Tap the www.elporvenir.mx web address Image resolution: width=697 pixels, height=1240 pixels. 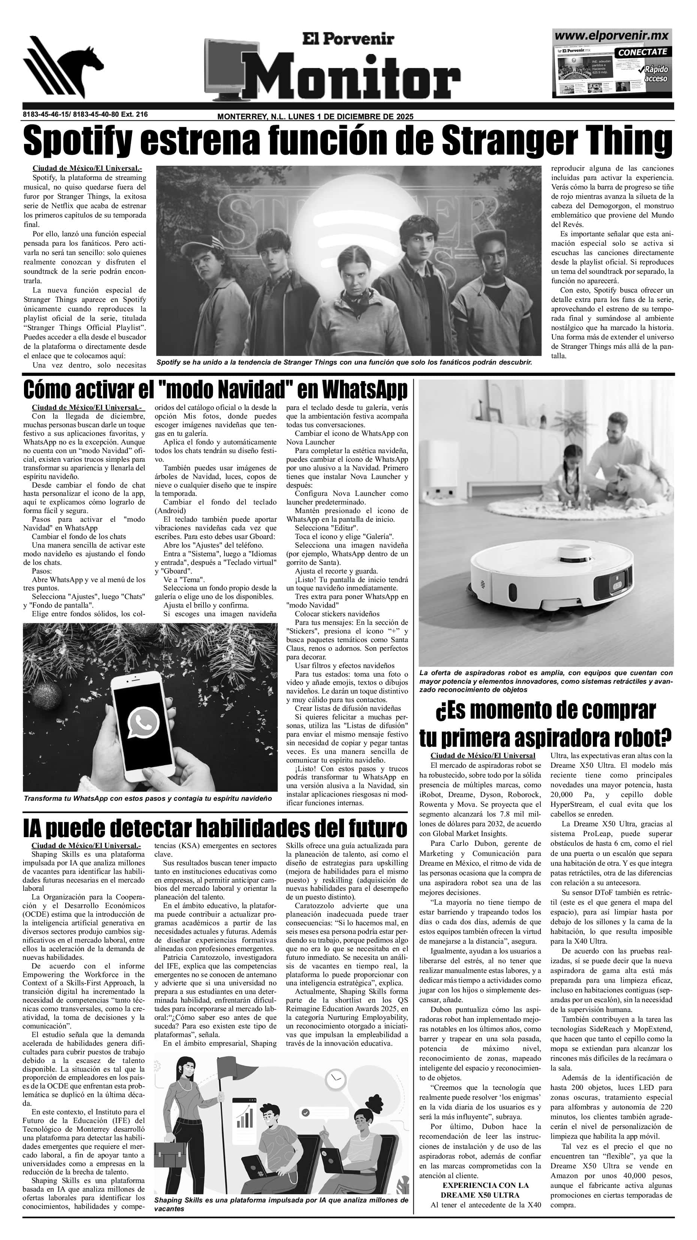point(612,36)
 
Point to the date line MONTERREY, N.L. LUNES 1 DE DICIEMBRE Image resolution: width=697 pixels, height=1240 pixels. point(315,117)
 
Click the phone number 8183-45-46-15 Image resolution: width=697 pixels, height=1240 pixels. point(46,114)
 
